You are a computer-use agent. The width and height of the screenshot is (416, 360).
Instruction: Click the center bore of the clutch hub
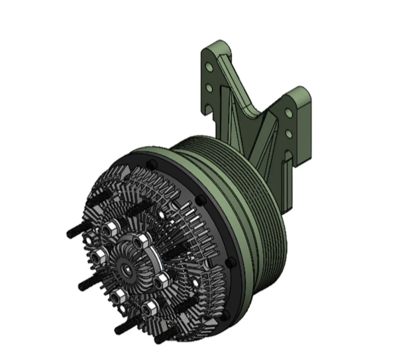126,269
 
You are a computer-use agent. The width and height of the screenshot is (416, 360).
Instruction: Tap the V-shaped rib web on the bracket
258,143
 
